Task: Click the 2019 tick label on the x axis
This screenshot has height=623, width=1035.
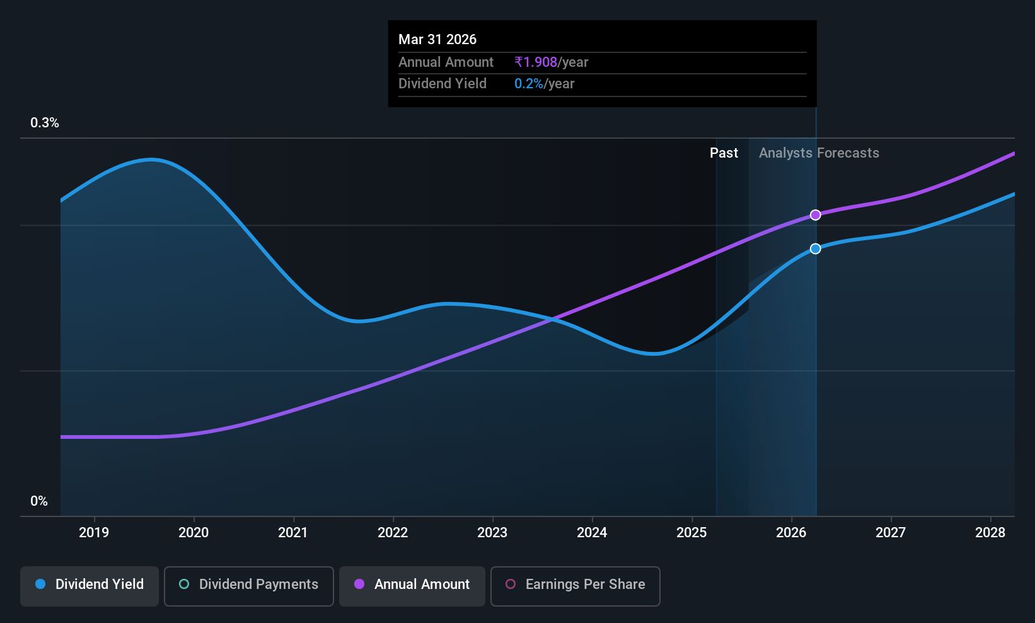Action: (94, 532)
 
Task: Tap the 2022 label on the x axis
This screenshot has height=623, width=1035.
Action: (393, 532)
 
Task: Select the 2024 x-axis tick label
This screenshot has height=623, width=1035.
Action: (592, 532)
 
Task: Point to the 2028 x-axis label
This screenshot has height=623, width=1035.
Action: (990, 532)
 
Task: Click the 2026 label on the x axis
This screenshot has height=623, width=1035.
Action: (791, 532)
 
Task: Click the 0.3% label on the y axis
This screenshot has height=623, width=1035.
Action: (45, 123)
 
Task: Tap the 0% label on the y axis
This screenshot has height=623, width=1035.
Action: (39, 501)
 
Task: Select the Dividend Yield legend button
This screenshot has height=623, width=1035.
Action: (89, 586)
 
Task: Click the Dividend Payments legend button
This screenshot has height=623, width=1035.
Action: (248, 586)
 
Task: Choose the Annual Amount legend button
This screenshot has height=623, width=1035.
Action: (412, 586)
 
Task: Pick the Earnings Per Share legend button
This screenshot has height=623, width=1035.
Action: (575, 586)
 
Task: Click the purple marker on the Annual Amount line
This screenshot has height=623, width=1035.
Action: (816, 215)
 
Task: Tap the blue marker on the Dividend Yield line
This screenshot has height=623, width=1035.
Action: (816, 248)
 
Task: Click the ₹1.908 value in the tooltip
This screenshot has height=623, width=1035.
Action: (536, 62)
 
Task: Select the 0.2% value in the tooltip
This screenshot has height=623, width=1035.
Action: (529, 84)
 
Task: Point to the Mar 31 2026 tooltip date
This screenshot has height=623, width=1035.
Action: (437, 39)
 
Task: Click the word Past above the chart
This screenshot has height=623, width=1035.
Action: (724, 153)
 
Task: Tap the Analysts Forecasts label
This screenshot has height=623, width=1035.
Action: (819, 153)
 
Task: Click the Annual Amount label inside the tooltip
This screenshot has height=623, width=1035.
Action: (446, 62)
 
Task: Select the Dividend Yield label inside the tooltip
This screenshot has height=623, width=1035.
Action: (442, 84)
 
